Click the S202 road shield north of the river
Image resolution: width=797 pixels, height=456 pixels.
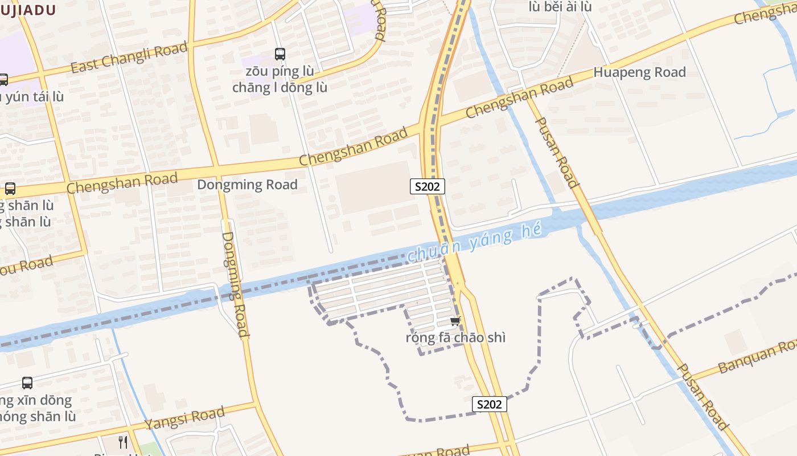click(427, 186)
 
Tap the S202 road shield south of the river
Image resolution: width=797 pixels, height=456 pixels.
click(489, 404)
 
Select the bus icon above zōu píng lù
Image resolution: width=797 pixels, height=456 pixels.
click(280, 54)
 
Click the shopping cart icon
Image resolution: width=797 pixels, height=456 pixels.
click(455, 321)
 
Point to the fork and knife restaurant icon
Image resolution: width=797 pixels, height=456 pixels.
click(123, 442)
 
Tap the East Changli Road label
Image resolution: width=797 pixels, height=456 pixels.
click(129, 58)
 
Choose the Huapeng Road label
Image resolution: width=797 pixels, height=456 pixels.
click(639, 72)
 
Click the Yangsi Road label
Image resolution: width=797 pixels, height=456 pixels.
click(184, 419)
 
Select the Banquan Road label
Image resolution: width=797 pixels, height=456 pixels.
click(757, 356)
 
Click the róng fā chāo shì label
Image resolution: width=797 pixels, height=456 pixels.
click(455, 337)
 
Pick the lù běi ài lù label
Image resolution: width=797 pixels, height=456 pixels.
click(560, 7)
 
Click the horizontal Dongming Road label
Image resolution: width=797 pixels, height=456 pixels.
click(247, 185)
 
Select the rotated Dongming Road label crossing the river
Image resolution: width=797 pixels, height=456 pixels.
click(235, 283)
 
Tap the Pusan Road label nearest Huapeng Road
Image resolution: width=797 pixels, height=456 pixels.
click(557, 153)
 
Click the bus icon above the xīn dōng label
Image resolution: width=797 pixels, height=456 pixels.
click(27, 383)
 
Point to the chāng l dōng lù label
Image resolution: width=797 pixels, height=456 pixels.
click(280, 87)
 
